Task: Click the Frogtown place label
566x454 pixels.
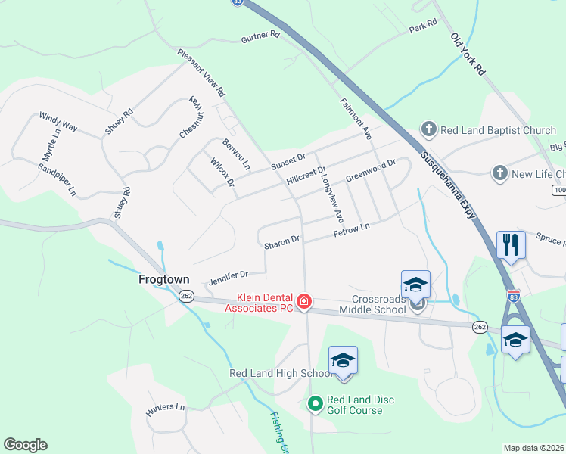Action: pyautogui.click(x=163, y=279)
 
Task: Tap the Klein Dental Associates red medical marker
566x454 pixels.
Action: pyautogui.click(x=304, y=302)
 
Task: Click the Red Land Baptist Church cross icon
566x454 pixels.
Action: pyautogui.click(x=428, y=130)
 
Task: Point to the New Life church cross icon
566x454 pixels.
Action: pyautogui.click(x=499, y=174)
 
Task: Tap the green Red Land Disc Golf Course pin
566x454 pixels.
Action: pyautogui.click(x=316, y=405)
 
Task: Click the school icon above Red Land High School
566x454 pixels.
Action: pyautogui.click(x=343, y=360)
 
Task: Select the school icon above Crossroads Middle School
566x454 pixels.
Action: pyautogui.click(x=415, y=285)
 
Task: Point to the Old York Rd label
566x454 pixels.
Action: pyautogui.click(x=467, y=54)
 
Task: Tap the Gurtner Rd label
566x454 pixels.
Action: pyautogui.click(x=260, y=36)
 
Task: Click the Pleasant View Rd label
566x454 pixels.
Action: pyautogui.click(x=201, y=73)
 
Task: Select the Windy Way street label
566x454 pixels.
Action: pyautogui.click(x=58, y=122)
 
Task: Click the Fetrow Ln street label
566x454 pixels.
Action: pyautogui.click(x=351, y=231)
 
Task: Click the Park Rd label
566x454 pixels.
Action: pyautogui.click(x=423, y=25)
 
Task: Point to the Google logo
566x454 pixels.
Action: pyautogui.click(x=25, y=445)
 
